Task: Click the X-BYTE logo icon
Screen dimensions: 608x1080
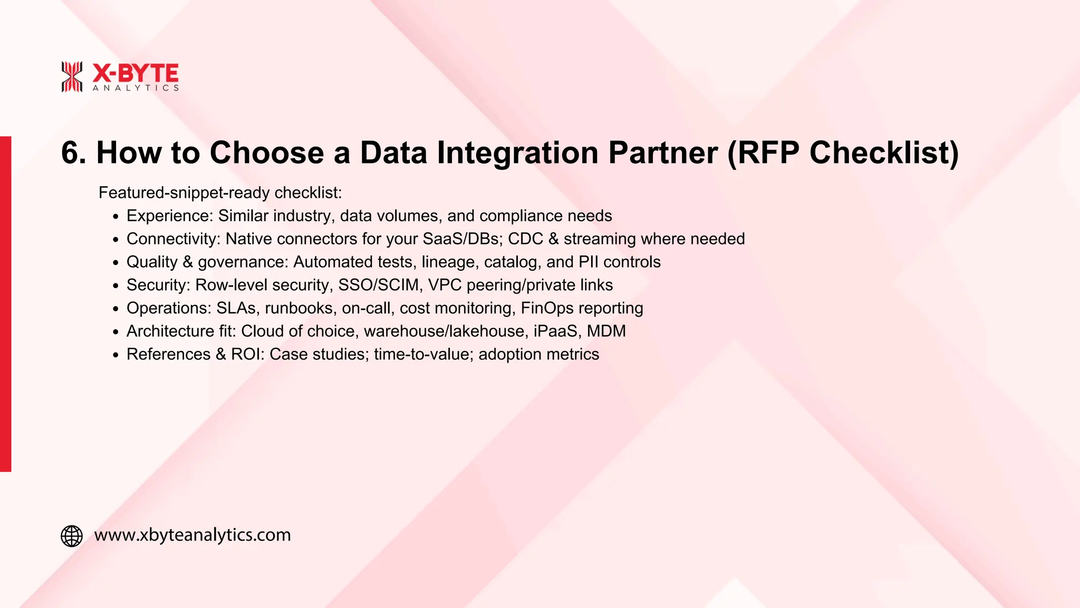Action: coord(72,77)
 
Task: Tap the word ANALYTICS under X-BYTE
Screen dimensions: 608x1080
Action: coord(136,88)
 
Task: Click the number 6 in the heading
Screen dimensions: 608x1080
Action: coord(72,153)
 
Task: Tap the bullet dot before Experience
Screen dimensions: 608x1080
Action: coord(116,216)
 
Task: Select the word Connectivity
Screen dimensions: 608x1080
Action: coord(172,239)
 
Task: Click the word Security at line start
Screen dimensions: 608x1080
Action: coord(157,285)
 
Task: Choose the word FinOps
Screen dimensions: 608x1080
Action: coord(547,308)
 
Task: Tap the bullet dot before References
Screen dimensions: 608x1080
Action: coord(116,355)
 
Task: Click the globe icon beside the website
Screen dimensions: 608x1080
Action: coord(72,536)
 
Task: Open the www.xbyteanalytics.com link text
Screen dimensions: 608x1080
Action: coord(192,535)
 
